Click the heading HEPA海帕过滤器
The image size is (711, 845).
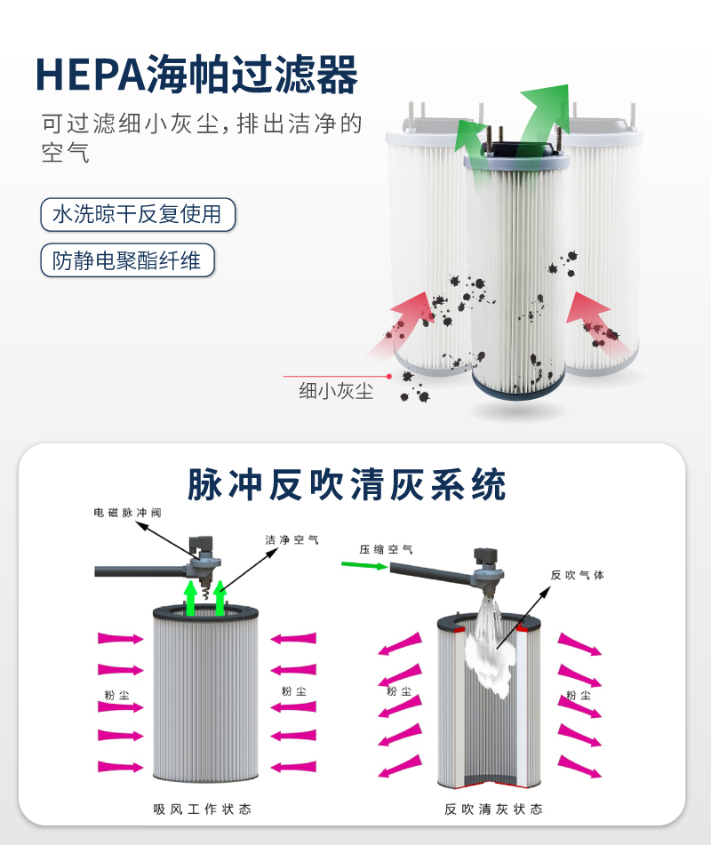click(196, 74)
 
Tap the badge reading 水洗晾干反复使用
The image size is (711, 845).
click(138, 214)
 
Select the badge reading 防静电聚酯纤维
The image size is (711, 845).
click(127, 260)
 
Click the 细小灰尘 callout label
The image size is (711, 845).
click(336, 391)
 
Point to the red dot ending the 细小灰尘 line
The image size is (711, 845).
click(389, 376)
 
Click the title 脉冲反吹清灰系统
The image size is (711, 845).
click(347, 484)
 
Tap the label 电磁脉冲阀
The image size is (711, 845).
click(127, 513)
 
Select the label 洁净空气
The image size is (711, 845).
click(292, 539)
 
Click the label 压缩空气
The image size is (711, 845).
click(386, 549)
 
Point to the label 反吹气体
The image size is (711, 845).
click(578, 575)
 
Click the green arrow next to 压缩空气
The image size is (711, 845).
click(364, 565)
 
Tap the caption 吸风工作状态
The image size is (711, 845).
click(202, 809)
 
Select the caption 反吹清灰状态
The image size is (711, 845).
click(493, 809)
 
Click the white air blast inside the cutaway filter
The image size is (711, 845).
click(491, 652)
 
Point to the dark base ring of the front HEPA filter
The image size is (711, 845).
click(518, 389)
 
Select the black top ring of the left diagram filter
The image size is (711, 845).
click(205, 611)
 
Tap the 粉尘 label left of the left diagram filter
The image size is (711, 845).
click(117, 695)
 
